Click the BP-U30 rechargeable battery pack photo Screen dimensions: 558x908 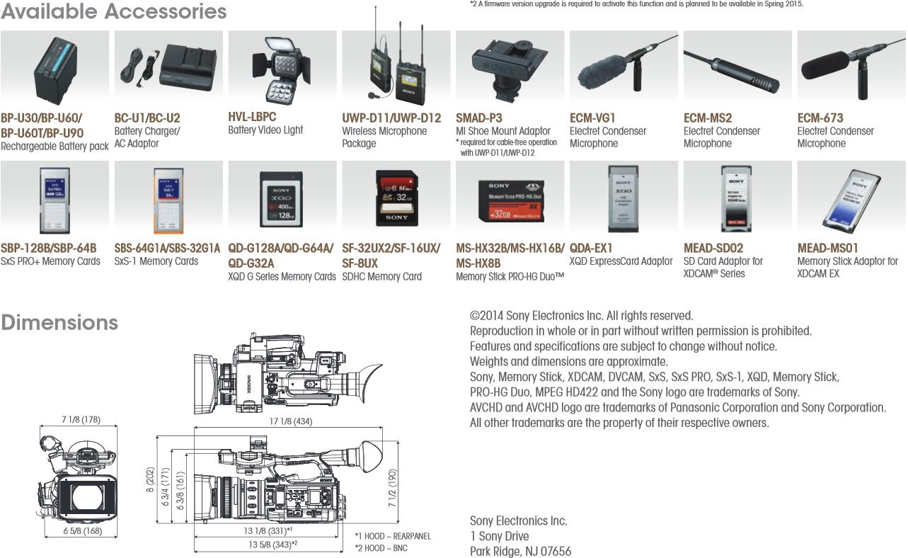click(x=55, y=71)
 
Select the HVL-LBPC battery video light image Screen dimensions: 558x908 click(x=282, y=71)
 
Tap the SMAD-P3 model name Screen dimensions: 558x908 click(x=479, y=118)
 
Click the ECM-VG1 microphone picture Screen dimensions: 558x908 click(x=623, y=68)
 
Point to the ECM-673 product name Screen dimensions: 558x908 click(x=820, y=118)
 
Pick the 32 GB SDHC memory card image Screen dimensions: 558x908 click(x=396, y=200)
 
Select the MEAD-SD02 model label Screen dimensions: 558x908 click(x=713, y=249)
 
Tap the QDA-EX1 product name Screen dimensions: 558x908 click(x=591, y=249)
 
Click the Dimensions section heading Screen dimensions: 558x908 click(x=59, y=323)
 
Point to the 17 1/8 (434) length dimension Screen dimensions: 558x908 click(x=291, y=421)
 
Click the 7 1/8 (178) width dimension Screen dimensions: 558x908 click(x=81, y=419)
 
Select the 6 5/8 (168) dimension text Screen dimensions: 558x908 click(x=83, y=531)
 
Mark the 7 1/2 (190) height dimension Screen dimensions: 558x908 click(x=393, y=489)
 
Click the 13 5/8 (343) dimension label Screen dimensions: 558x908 click(x=272, y=544)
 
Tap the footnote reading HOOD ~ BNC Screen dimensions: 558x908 click(x=383, y=547)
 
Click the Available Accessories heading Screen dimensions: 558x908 click(x=114, y=11)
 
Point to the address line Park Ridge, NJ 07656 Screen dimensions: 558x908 click(x=520, y=551)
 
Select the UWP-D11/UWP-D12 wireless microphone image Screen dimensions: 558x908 click(x=396, y=67)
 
